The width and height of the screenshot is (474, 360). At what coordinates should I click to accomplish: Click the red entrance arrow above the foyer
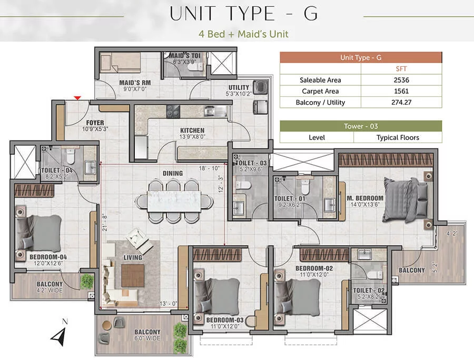(78, 98)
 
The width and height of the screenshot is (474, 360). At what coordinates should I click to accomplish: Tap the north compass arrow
(59, 337)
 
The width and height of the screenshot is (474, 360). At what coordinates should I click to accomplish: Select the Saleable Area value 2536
(401, 80)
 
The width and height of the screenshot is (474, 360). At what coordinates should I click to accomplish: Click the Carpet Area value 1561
(401, 91)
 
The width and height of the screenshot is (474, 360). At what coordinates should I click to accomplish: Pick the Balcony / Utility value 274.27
(401, 103)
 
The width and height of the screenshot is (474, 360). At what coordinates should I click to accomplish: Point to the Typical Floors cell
(398, 138)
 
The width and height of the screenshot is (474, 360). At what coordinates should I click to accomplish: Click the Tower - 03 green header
(361, 126)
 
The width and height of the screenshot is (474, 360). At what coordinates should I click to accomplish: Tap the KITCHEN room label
(192, 131)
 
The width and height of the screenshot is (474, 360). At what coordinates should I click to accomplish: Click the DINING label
(173, 173)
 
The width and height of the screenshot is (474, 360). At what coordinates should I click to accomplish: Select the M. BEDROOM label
(365, 198)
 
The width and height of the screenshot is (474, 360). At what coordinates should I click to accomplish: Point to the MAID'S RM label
(135, 83)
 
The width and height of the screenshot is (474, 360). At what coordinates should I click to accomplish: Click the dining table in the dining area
(174, 201)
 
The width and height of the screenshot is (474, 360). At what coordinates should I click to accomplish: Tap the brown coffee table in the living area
(133, 275)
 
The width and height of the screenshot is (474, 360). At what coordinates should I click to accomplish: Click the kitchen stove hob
(173, 112)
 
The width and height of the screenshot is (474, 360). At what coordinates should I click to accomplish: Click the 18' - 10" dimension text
(209, 168)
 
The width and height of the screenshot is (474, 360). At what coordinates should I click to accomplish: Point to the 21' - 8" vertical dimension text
(105, 223)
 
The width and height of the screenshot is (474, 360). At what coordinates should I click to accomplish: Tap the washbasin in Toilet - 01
(330, 205)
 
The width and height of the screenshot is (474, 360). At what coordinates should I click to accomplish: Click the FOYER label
(95, 123)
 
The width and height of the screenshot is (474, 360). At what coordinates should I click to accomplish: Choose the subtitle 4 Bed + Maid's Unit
(243, 34)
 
